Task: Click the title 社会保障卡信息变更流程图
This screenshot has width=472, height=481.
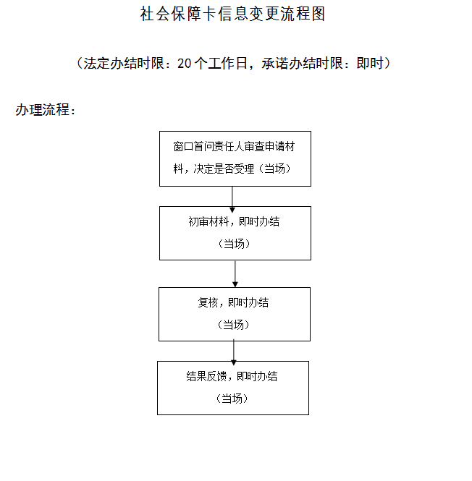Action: (x=232, y=14)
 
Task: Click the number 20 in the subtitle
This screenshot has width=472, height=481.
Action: (x=184, y=64)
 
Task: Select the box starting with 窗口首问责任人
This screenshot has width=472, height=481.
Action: (x=235, y=158)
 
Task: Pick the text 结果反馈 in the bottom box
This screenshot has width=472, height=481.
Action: (x=207, y=377)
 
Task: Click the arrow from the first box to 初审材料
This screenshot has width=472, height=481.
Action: (x=232, y=197)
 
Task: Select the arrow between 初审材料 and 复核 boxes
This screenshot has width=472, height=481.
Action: (x=235, y=273)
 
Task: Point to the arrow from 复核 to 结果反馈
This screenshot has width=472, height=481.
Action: (x=233, y=351)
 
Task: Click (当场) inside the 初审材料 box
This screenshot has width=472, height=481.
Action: (x=234, y=244)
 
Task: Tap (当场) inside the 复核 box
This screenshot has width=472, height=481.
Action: (x=234, y=325)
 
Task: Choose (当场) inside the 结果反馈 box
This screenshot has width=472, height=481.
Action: (x=232, y=399)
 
